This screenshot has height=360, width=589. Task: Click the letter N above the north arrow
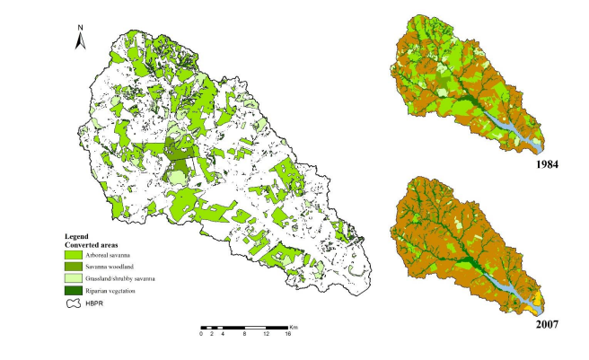tap(80, 27)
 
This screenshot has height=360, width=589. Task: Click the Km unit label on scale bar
tap(294, 325)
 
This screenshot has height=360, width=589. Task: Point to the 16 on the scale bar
tap(287, 333)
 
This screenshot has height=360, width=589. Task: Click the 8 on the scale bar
tap(245, 333)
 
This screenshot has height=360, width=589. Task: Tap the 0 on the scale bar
tap(201, 333)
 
